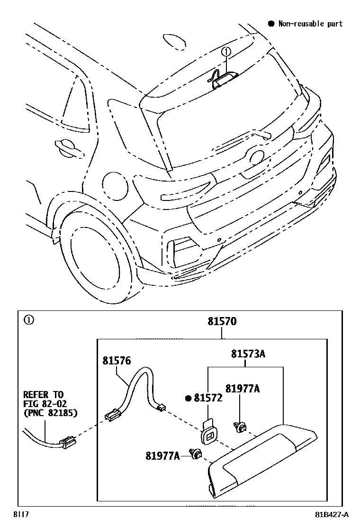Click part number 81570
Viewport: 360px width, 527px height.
point(222,321)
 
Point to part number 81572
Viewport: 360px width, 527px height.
point(208,399)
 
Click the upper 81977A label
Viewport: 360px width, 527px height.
point(242,389)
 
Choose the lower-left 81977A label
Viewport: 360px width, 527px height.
point(162,456)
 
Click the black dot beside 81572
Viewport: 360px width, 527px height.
point(189,399)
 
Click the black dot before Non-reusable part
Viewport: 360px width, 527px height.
point(271,24)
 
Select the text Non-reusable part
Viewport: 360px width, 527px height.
point(310,24)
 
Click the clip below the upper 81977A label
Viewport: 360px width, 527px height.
point(240,427)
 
